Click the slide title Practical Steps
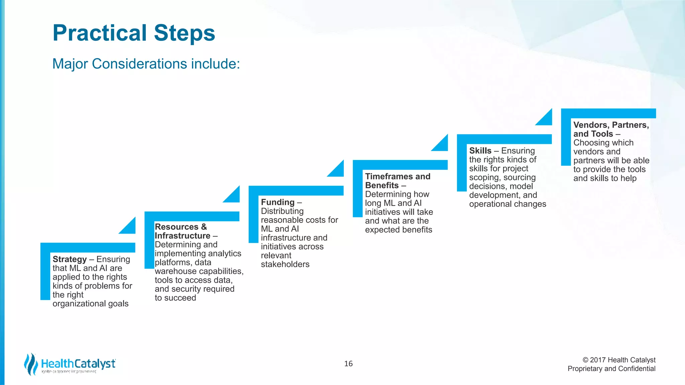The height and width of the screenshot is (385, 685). pos(134,33)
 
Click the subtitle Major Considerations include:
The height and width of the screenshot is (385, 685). pos(146,64)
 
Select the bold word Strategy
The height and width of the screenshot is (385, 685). pos(70,259)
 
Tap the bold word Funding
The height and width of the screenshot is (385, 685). pos(278,202)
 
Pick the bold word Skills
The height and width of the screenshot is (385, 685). pos(480,151)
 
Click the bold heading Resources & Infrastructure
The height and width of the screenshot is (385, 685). pos(182,231)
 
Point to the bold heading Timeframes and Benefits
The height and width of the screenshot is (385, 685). pos(397,181)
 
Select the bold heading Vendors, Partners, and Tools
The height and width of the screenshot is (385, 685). pos(611,129)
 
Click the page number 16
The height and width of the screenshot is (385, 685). pos(348,364)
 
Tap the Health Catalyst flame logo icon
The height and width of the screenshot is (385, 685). pos(31,364)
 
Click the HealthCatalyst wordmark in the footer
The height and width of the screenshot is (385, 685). pos(78,364)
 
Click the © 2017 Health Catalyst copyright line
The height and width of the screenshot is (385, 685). pos(619,360)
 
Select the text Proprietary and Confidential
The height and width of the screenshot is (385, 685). pos(611,369)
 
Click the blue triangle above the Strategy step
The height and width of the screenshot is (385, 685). pos(129,228)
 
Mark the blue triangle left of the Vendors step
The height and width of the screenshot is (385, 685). pos(546,119)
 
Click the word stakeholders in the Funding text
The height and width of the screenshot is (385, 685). pos(285,264)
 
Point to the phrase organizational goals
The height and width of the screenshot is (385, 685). pos(90,304)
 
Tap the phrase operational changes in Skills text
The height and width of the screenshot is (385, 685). pos(507,204)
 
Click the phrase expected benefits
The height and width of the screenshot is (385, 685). pos(398,230)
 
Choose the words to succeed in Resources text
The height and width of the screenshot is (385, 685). pos(175,298)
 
